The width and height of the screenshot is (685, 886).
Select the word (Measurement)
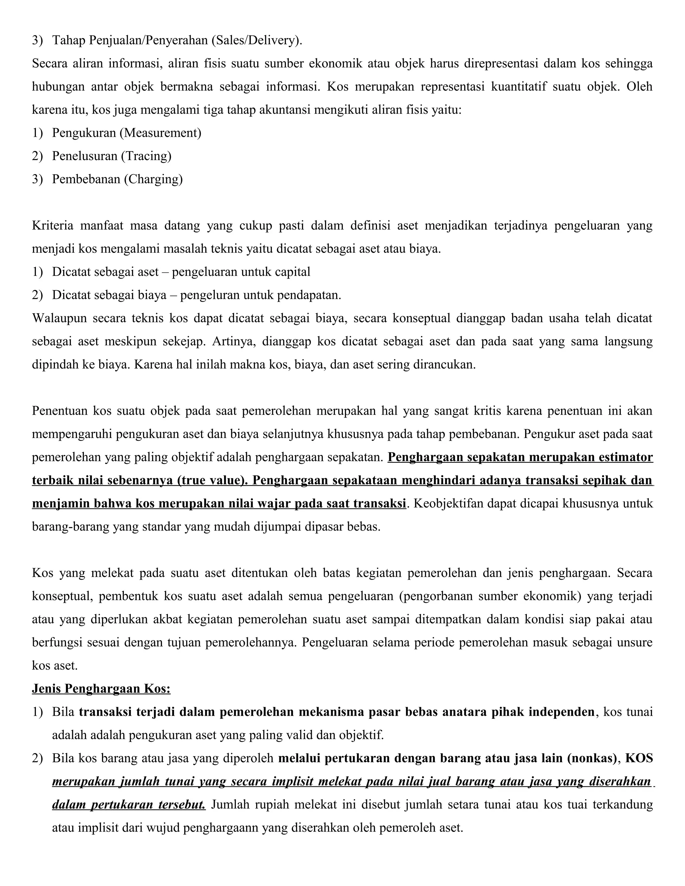[160, 133]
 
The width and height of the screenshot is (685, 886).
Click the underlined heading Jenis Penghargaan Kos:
[101, 689]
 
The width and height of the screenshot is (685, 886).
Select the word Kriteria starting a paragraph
[53, 226]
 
